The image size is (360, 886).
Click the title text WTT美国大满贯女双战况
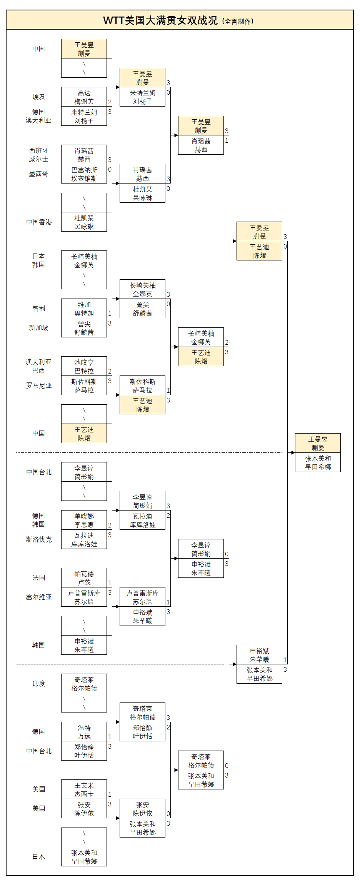point(160,20)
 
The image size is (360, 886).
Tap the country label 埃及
point(38,97)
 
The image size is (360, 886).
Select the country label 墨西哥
point(38,174)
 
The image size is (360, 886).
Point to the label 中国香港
point(39,222)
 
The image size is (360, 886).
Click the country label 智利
point(38,309)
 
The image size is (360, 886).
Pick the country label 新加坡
point(38,328)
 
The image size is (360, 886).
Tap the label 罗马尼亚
point(38,385)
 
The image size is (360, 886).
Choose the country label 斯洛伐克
point(38,539)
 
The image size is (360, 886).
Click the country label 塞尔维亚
point(38,597)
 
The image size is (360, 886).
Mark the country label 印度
point(38,684)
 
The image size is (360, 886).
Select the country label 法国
point(38,578)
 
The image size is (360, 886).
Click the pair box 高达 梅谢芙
point(84,97)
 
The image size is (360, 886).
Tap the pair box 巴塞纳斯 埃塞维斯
point(84,174)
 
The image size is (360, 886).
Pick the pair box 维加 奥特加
point(84,309)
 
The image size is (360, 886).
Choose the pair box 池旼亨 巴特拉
point(84,366)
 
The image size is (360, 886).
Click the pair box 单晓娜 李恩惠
point(84,520)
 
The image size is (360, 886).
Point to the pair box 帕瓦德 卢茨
point(84,578)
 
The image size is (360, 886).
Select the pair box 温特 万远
point(84,732)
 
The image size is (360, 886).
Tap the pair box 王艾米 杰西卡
point(84,789)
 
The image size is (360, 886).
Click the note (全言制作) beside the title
point(238,22)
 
